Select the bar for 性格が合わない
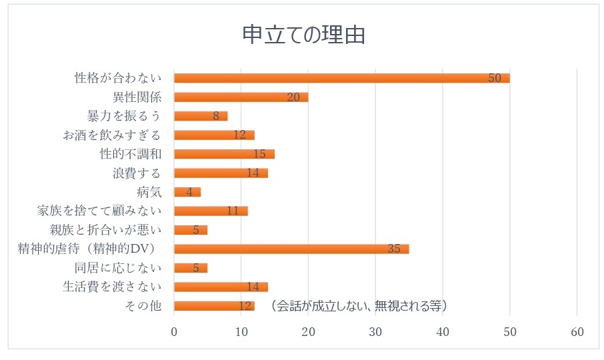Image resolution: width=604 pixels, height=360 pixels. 341,78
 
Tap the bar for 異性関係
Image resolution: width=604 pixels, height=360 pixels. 241,97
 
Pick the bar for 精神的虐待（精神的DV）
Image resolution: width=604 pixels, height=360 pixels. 291,249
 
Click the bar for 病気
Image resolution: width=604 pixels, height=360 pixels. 187,192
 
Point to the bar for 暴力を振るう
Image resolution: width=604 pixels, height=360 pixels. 201,116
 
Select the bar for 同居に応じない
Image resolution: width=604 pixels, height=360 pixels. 191,268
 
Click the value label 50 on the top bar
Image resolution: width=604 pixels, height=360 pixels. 494,78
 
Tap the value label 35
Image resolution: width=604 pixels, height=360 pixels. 393,249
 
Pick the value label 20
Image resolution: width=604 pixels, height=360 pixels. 293,97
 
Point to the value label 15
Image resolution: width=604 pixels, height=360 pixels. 259,154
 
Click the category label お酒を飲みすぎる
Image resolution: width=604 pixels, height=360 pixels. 112,135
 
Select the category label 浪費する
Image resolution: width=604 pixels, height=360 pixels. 137,173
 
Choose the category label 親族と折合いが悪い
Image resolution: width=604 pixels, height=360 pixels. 106,230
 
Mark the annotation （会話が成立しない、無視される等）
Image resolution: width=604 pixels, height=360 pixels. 359,306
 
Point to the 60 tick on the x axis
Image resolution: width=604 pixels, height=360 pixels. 577,333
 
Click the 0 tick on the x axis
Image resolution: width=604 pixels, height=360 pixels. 174,333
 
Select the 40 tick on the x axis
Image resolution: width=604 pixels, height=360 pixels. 443,333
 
